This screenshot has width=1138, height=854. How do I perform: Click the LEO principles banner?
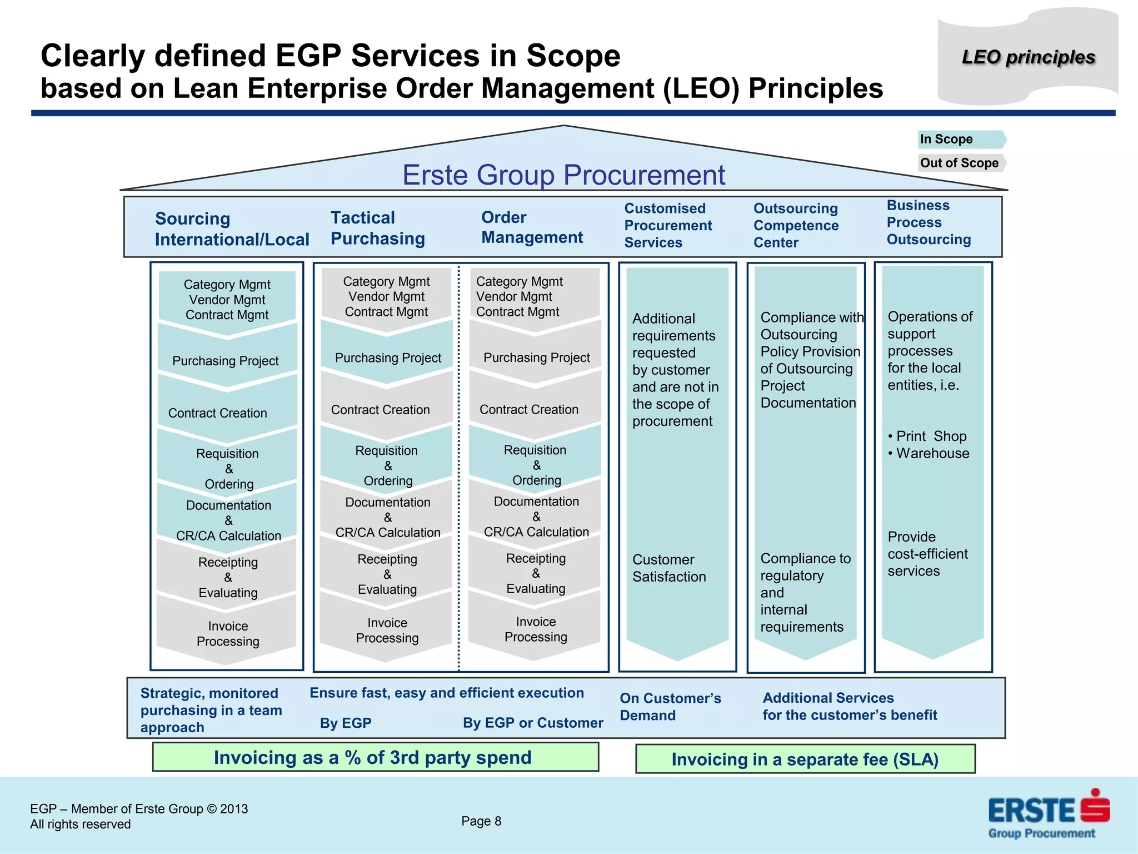(1028, 57)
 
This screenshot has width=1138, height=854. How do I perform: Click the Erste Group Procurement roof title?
(563, 175)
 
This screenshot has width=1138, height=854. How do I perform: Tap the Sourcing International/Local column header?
(232, 229)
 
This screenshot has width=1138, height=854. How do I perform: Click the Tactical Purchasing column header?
(378, 228)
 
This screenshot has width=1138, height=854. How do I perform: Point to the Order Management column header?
(532, 227)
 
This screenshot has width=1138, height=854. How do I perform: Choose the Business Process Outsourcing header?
(929, 222)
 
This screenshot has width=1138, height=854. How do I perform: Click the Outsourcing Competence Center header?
(796, 225)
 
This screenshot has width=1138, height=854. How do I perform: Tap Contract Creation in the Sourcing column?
(218, 413)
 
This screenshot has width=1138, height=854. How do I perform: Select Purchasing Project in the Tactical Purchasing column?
(388, 358)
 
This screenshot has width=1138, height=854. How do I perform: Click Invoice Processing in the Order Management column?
(536, 629)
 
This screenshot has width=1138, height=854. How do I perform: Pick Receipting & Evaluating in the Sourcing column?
(228, 577)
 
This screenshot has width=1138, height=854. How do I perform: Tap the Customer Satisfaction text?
(668, 568)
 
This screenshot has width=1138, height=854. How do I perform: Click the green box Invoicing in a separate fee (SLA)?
(805, 759)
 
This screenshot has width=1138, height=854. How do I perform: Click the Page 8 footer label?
(481, 821)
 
